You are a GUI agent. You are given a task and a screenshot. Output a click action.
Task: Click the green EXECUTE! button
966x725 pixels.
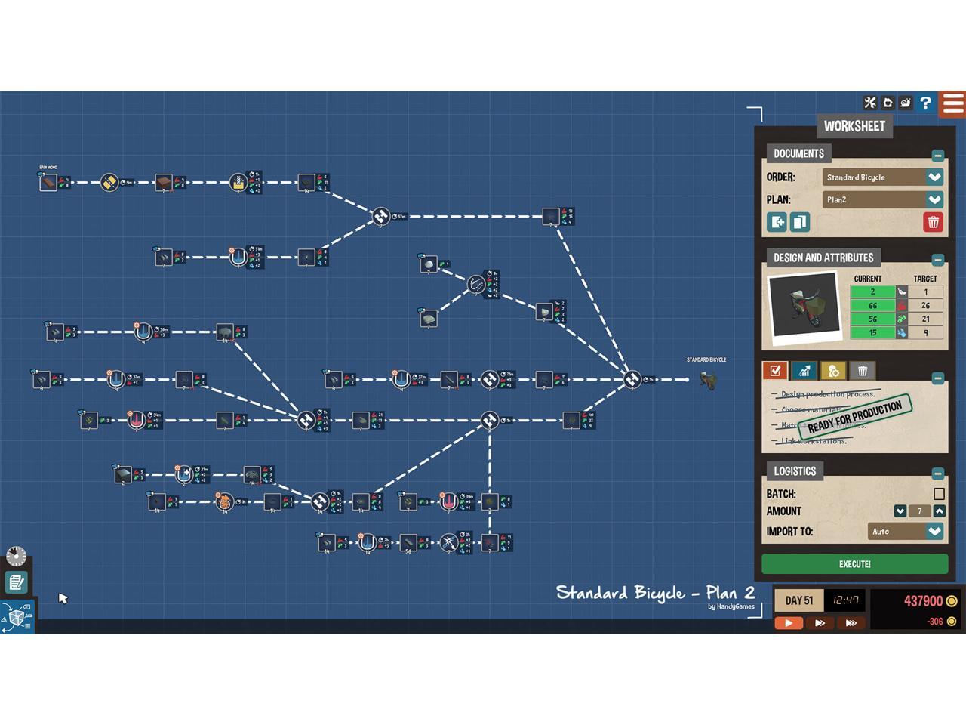[x=854, y=564]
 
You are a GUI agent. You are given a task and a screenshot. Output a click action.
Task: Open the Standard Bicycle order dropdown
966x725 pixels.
[x=934, y=177]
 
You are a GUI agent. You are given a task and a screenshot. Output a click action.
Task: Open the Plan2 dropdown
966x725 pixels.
[x=934, y=200]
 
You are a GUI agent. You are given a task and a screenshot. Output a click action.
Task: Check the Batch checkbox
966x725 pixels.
[x=939, y=494]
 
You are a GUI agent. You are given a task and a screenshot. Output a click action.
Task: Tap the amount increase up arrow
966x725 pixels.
[x=939, y=511]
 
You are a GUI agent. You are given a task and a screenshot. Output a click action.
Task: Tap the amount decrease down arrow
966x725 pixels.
[x=900, y=511]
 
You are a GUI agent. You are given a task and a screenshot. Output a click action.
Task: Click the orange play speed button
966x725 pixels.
[x=789, y=623]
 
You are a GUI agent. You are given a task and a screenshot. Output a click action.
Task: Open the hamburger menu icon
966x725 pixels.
[x=953, y=103]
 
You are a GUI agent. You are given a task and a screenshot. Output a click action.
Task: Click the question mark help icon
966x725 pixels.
[x=925, y=103]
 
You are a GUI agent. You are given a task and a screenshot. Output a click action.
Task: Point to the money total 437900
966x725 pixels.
[x=923, y=601]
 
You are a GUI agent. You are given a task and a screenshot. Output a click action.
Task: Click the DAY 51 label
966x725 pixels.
[x=798, y=601]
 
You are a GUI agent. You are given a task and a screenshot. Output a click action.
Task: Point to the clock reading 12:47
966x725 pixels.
[x=845, y=601]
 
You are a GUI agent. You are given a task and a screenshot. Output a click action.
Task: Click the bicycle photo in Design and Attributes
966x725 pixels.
[x=804, y=305]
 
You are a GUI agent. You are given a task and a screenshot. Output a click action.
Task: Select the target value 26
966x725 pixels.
[x=925, y=306]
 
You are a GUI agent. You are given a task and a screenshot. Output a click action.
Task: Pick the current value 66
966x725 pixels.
[x=872, y=306]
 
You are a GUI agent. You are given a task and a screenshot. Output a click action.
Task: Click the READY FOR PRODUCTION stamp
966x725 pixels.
[x=854, y=417]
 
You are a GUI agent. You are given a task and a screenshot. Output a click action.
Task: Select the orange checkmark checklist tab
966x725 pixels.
[x=775, y=371]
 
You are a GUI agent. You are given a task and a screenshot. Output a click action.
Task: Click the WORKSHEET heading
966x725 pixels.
[x=854, y=126]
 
